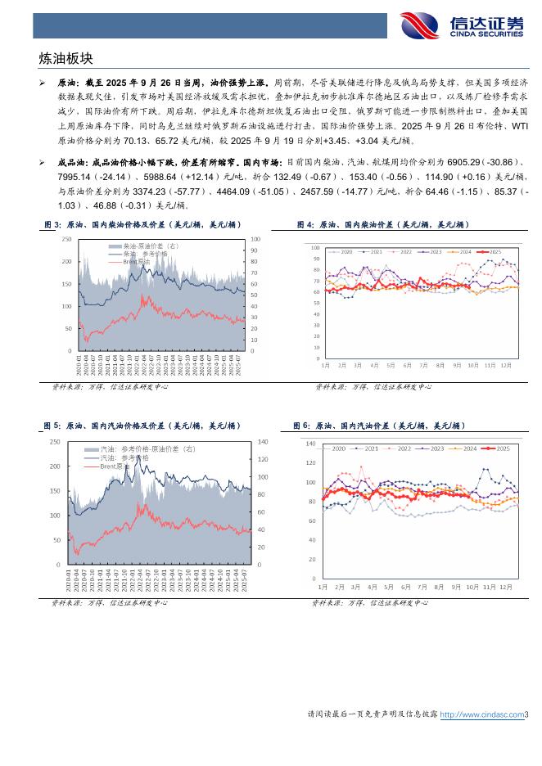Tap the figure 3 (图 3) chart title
[142, 225]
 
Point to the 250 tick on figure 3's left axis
[66, 238]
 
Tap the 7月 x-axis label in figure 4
[422, 365]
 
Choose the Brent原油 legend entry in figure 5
[115, 466]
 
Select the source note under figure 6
[368, 603]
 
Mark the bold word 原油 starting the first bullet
[67, 83]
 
